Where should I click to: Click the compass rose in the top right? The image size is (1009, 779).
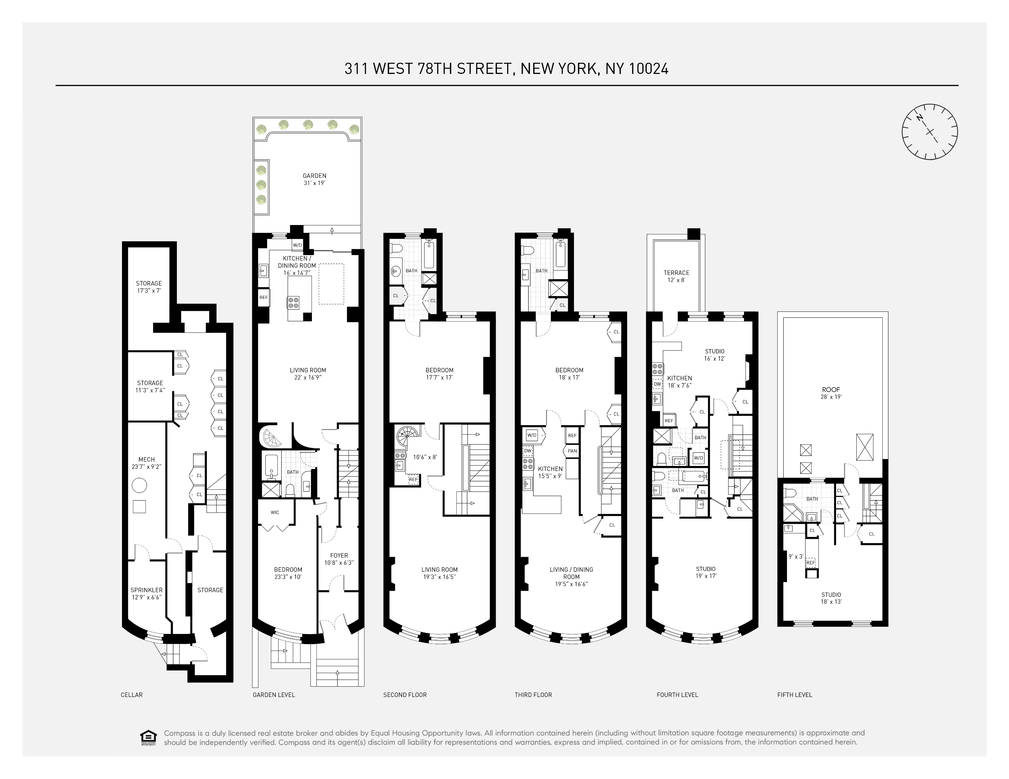tap(930, 132)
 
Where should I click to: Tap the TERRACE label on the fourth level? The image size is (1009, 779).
tap(677, 273)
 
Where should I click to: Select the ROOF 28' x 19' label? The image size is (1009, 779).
tap(831, 393)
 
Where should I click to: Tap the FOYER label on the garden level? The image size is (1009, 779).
tap(339, 556)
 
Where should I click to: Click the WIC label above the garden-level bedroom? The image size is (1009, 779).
tap(275, 512)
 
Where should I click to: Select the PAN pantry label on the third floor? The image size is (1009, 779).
tap(572, 451)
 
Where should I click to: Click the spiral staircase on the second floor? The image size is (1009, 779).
tap(408, 437)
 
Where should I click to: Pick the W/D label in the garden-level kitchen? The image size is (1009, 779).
tap(297, 245)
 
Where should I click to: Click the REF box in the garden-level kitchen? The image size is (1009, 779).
tap(263, 298)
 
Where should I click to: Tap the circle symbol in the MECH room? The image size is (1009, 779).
tap(139, 485)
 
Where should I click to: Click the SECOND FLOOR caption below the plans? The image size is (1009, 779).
tap(405, 695)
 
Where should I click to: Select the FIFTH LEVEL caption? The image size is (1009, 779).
tap(794, 695)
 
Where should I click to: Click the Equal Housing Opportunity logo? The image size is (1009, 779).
tap(148, 738)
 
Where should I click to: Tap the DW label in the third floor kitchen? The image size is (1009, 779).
tap(527, 451)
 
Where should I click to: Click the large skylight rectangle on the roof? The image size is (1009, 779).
tap(865, 447)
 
